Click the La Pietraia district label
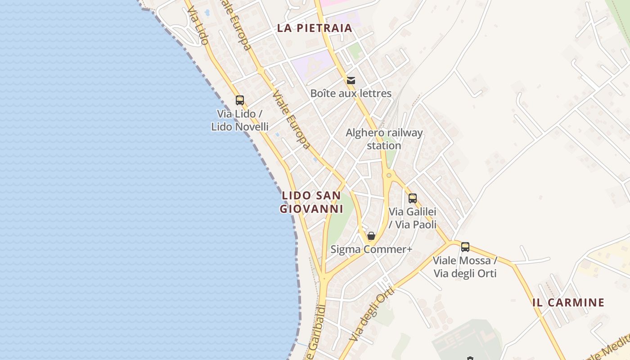pos(314,28)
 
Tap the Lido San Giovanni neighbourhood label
pos(311,202)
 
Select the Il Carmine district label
pos(568,302)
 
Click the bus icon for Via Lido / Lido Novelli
pos(240,100)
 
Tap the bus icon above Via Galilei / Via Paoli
pos(412,198)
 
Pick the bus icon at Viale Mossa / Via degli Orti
pos(465,247)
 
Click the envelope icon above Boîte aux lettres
pos(351,81)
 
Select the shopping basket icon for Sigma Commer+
pos(371,236)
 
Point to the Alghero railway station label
pos(384,139)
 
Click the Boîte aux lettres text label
pos(351,94)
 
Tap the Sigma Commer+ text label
pos(371,249)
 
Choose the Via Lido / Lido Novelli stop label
pos(240,120)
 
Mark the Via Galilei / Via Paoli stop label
pos(413,218)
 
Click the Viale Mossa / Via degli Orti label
pos(465,266)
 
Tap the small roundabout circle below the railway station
pos(389,175)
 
